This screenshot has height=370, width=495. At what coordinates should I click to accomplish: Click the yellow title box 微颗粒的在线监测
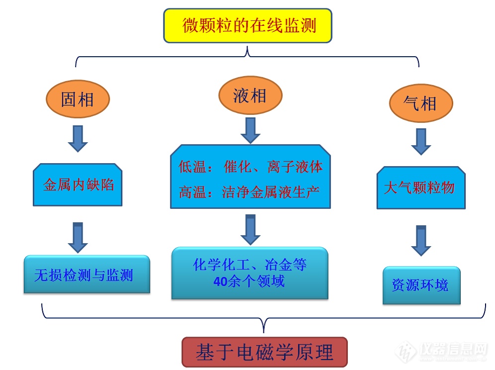coord(247,25)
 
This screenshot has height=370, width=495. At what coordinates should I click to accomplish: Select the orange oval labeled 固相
coord(78,99)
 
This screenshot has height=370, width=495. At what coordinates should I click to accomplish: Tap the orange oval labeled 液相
coord(250,95)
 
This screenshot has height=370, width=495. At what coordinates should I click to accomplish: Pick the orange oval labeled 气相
coord(420,103)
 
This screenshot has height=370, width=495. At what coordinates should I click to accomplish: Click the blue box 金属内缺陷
coord(78,185)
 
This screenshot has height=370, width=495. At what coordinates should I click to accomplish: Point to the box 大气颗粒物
coord(420,187)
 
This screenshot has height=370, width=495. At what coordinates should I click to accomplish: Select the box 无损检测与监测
coord(86,274)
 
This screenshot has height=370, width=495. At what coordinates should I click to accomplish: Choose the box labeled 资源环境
coord(421,285)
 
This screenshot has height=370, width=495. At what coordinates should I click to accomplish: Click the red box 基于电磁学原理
coord(264,352)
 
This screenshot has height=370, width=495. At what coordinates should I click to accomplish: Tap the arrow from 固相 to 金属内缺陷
coord(78,138)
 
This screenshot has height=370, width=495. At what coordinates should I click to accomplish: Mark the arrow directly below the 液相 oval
coord(250,130)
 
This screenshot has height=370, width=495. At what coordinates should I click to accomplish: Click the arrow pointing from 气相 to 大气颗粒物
coord(421,141)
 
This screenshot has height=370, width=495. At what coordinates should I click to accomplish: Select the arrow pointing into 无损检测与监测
coord(78,237)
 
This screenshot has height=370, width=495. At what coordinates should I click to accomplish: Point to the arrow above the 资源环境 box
coord(421,240)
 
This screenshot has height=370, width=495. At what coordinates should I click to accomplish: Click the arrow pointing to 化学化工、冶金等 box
coord(250,229)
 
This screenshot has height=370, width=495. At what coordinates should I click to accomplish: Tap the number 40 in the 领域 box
coord(220,281)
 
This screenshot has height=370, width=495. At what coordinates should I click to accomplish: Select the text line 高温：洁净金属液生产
coord(249,192)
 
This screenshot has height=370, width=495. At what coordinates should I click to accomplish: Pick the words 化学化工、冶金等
coord(249,265)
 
